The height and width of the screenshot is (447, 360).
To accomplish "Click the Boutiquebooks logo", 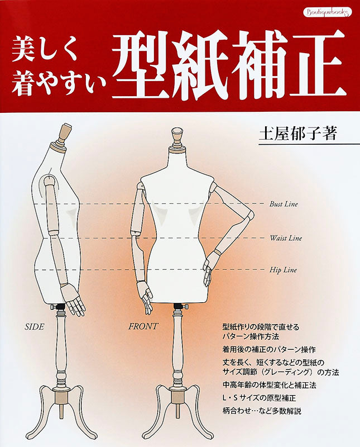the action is [x=327, y=12].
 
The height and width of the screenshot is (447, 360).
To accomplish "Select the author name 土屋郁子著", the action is [x=297, y=133].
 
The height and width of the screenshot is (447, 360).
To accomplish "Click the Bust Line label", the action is [x=284, y=204].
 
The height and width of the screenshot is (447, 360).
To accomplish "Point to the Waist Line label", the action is [x=286, y=238].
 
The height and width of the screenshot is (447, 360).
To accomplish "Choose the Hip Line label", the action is [x=283, y=270].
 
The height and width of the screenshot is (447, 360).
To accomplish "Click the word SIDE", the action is [x=35, y=327].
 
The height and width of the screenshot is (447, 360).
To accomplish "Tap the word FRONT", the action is [x=143, y=326].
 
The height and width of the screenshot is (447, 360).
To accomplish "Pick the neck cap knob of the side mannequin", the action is [x=64, y=134].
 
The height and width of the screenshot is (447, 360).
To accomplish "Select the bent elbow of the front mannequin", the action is [x=250, y=216].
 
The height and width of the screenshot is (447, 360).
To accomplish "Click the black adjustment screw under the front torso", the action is [x=179, y=306].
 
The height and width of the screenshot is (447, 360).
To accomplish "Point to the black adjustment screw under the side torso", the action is [x=59, y=307].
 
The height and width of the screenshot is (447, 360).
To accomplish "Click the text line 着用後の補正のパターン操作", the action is [x=269, y=349].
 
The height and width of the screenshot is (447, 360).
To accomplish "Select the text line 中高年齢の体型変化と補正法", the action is [x=270, y=385].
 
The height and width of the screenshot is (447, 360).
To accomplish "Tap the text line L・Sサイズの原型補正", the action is [x=259, y=398].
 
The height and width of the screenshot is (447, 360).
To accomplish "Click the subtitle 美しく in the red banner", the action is [x=45, y=50].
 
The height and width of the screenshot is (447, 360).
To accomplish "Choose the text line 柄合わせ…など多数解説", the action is [x=262, y=411].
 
